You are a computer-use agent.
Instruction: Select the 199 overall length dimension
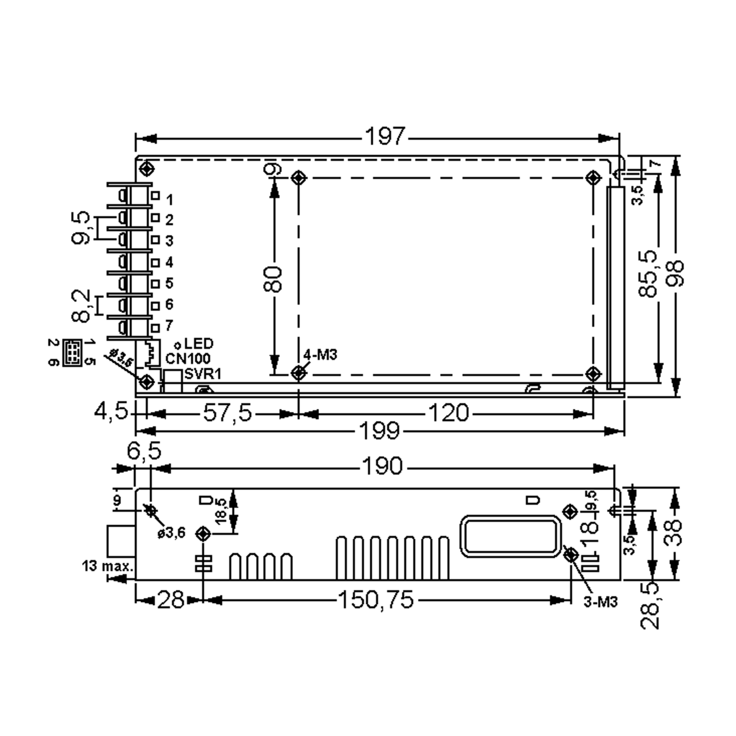coord(380,431)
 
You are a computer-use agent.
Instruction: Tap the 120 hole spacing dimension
coord(448,413)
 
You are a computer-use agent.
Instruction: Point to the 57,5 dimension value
coord(228,413)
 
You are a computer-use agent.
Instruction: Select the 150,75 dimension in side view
coord(376,599)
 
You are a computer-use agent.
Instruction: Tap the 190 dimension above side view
coord(382,466)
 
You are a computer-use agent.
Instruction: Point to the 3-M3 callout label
coord(600,602)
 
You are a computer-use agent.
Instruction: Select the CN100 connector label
coord(188,358)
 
